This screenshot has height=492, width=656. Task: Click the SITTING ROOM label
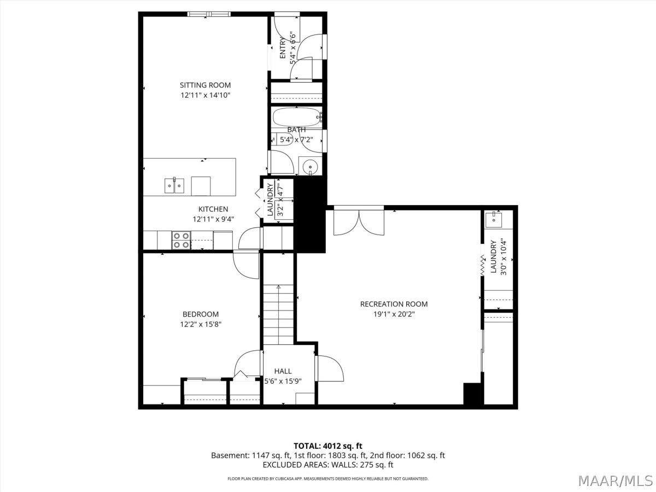tap(206, 85)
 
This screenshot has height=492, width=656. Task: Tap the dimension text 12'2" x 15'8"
tap(201, 324)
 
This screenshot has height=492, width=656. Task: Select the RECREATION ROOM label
tap(394, 304)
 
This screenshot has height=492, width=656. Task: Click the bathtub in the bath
tap(296, 117)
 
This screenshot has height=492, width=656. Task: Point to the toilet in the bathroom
tap(282, 139)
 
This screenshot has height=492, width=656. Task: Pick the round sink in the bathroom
tap(310, 166)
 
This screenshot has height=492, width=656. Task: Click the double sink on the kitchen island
tap(174, 186)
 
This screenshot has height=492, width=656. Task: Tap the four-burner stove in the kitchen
tap(181, 240)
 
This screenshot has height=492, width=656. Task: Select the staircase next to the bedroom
tap(278, 314)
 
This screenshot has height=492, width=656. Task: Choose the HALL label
tap(283, 371)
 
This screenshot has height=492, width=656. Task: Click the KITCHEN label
tap(213, 209)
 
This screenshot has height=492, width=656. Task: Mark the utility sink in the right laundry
tap(494, 220)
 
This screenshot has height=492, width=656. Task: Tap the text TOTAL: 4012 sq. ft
tap(328, 446)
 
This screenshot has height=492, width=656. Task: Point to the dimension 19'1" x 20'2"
tap(394, 314)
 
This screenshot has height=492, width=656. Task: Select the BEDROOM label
tap(201, 314)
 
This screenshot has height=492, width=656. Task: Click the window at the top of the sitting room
tap(209, 14)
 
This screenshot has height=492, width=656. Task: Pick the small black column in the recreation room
tap(472, 394)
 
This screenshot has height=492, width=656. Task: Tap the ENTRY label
tap(283, 48)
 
